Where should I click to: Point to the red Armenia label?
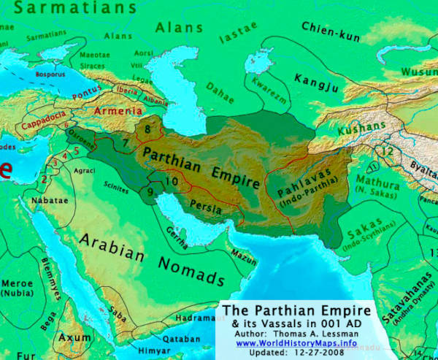tap(117, 111)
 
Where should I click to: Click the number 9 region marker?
tap(150, 192)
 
